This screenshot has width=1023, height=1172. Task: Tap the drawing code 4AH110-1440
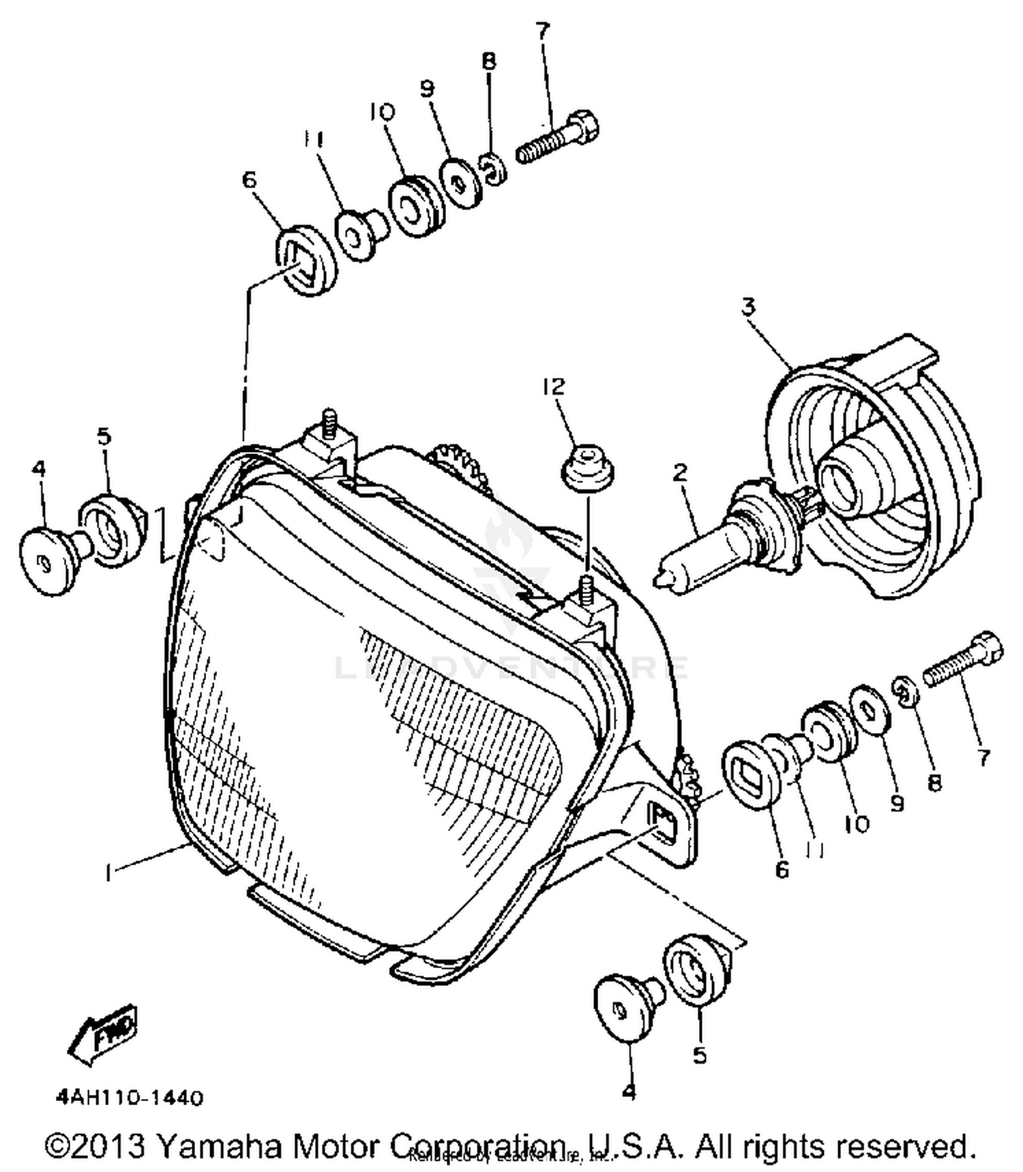[x=130, y=1098]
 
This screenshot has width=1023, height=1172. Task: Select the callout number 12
[x=554, y=387]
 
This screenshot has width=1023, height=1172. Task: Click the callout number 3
[x=749, y=307]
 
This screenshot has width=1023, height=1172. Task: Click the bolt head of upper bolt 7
[x=584, y=127]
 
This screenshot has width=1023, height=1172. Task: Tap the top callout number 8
[x=488, y=61]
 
